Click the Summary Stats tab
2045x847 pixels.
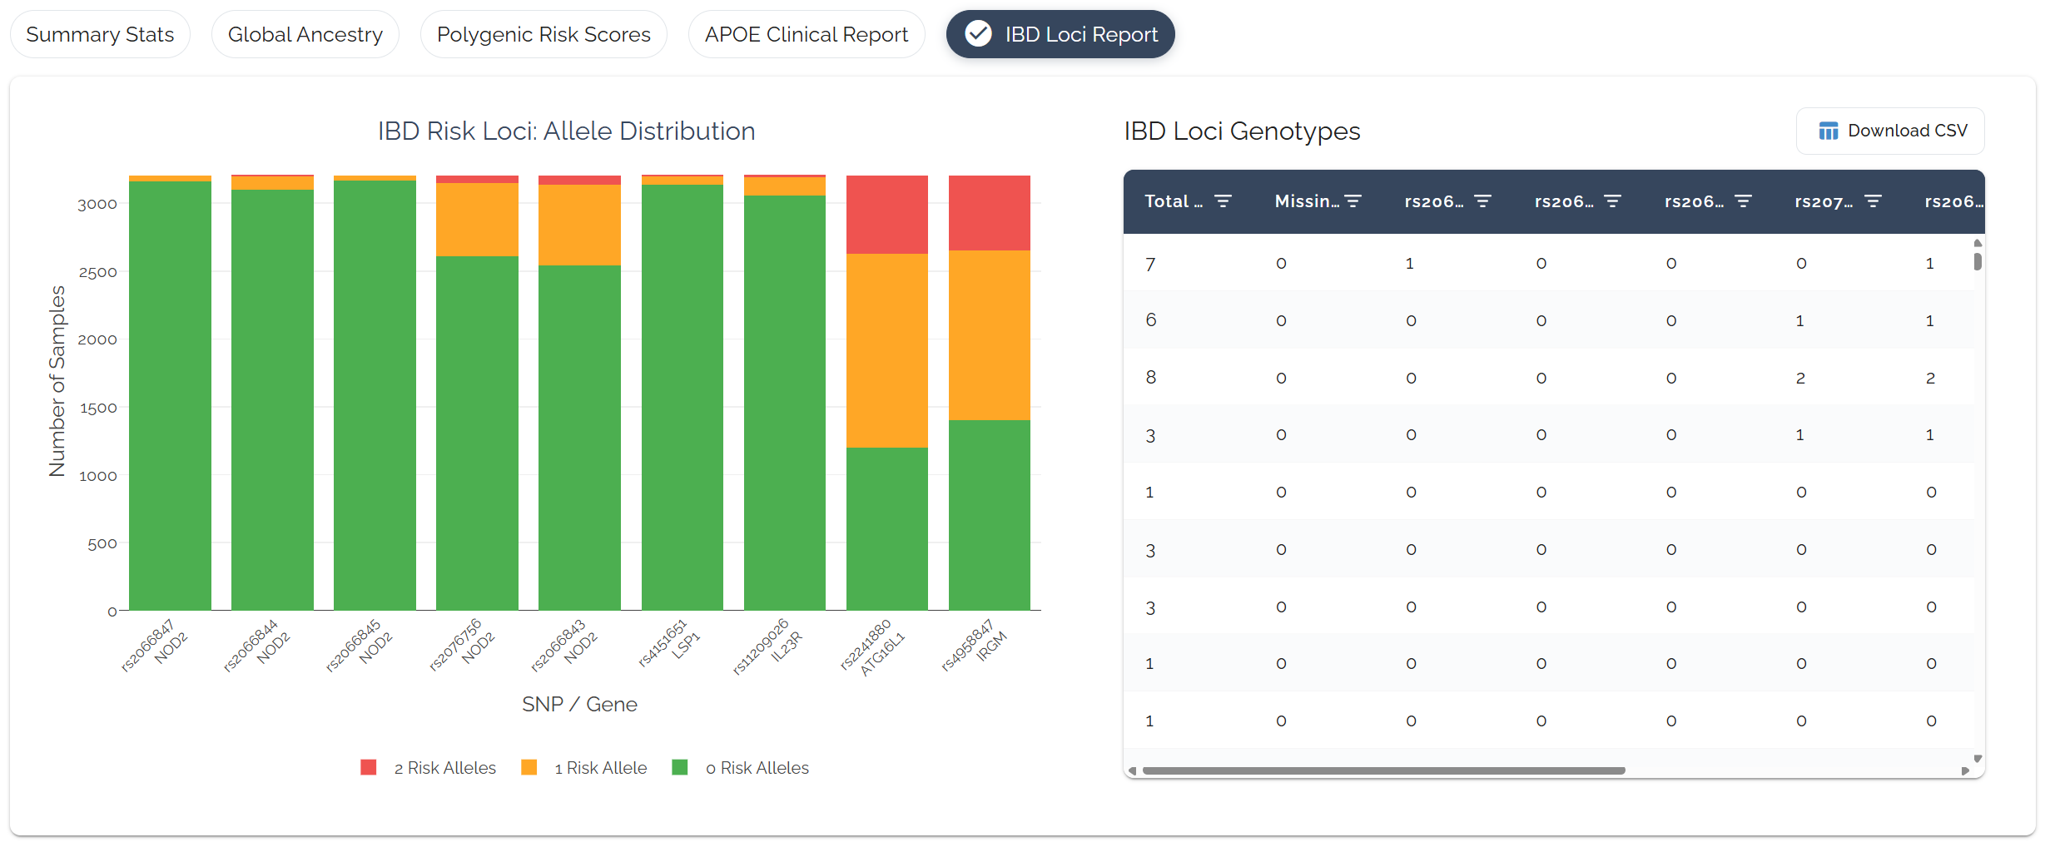pos(100,34)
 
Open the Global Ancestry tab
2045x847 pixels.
pos(305,34)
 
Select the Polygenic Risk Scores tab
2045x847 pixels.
pos(544,34)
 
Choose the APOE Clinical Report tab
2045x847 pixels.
pos(807,34)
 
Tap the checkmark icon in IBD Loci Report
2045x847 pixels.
pos(978,34)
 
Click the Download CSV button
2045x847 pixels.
pos(1890,131)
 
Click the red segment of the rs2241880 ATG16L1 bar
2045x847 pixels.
pos(887,215)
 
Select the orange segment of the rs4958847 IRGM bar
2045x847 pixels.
pos(990,335)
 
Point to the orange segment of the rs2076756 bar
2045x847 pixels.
pos(477,220)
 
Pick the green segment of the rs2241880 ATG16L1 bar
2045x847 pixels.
pos(887,529)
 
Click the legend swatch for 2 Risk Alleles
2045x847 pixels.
pos(369,767)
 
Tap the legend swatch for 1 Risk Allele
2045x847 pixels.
pos(529,767)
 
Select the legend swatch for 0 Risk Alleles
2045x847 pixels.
pos(680,767)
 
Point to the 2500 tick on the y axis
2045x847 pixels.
pos(97,272)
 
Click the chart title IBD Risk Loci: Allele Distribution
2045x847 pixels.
pos(567,131)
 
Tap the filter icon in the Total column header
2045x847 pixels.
pos(1223,201)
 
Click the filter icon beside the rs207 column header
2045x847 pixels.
pos(1873,201)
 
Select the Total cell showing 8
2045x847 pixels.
pos(1151,378)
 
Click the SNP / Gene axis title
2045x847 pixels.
pos(579,704)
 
